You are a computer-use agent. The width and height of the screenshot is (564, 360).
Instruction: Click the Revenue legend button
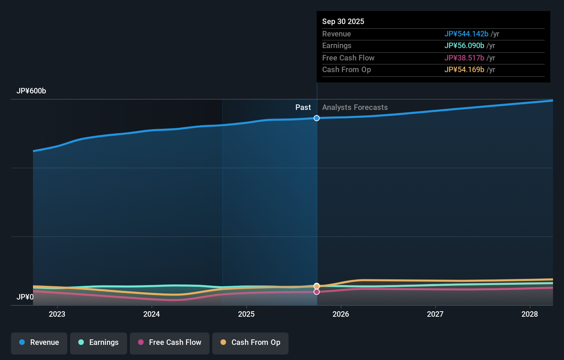pos(39,343)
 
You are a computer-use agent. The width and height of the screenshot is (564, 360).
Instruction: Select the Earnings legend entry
pos(99,343)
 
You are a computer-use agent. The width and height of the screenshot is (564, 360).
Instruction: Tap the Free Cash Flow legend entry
pos(170,343)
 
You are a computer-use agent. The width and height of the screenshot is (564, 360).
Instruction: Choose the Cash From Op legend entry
pos(250,343)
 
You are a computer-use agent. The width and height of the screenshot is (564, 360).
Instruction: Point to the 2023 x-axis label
pos(57,314)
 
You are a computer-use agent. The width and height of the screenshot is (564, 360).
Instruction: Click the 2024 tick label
pos(151,314)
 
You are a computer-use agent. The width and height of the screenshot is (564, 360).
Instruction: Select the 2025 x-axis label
pos(246,314)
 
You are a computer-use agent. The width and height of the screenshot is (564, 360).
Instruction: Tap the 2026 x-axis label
pos(341,314)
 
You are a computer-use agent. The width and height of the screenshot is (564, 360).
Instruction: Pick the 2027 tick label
pos(435,314)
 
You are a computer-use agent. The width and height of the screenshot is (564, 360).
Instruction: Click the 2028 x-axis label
pos(530,314)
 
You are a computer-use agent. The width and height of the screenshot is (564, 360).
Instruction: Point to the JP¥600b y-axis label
pos(31,91)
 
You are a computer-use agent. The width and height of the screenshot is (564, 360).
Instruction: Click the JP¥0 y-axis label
pos(25,297)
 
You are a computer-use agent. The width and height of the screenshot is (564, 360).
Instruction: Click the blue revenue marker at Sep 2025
pos(317,118)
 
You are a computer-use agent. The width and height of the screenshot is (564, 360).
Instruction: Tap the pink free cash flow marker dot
pos(317,292)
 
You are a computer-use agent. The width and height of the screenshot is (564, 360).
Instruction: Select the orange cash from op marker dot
pos(317,286)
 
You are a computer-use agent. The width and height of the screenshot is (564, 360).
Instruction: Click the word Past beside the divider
pos(303,108)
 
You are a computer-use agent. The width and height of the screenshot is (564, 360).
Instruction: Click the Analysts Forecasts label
pos(355,108)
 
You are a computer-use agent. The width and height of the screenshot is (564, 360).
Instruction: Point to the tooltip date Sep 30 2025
pos(343,22)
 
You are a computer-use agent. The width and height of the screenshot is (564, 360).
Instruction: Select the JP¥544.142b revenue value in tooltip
pos(466,34)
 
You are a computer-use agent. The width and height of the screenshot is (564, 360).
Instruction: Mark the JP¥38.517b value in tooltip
pos(464,58)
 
